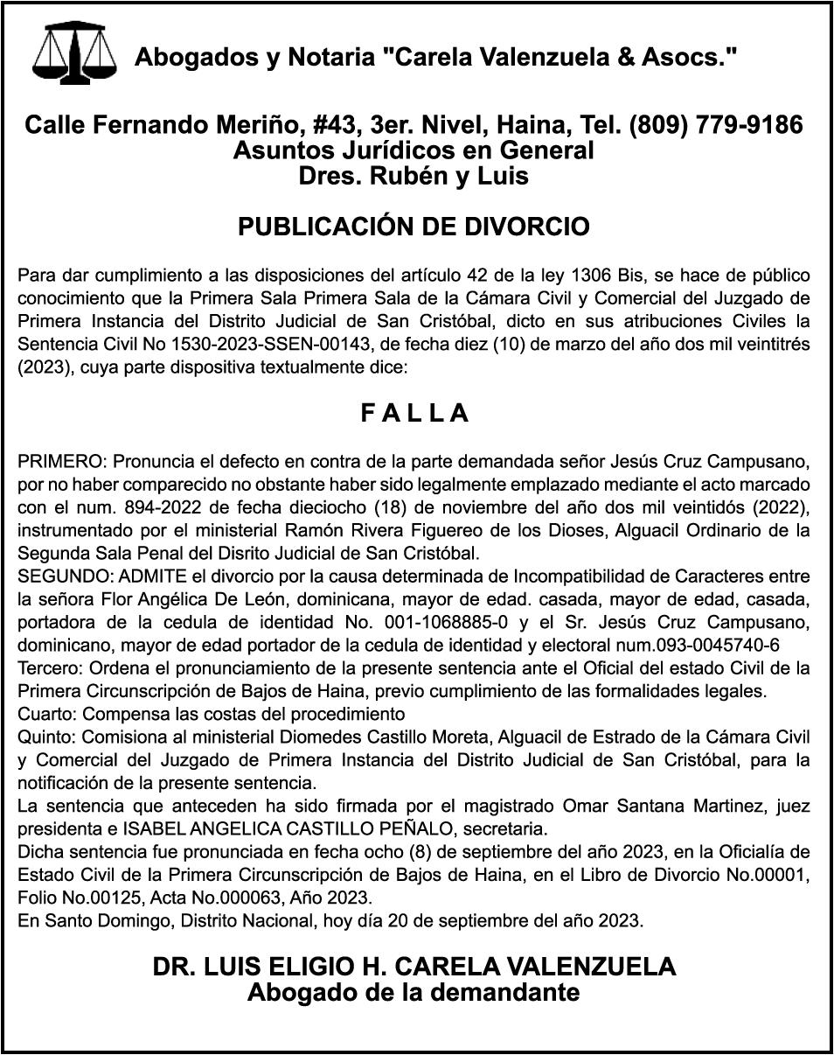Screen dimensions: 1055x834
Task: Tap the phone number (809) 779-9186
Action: click(715, 125)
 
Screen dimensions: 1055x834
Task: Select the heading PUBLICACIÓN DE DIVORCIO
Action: click(414, 227)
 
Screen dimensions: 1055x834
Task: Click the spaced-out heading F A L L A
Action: click(415, 414)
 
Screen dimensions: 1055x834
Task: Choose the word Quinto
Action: click(41, 736)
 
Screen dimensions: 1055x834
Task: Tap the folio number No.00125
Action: click(74, 898)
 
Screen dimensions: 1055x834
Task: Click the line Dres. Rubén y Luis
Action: click(414, 176)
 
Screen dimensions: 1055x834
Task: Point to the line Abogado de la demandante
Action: click(414, 992)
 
